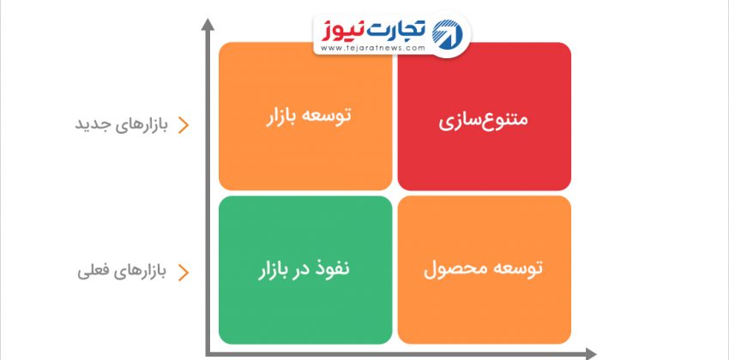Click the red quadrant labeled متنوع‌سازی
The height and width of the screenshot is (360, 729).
484,116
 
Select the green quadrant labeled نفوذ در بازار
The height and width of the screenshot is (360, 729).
305,270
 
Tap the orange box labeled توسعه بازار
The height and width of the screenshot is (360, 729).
305,116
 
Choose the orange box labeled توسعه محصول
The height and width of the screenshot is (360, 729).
484,270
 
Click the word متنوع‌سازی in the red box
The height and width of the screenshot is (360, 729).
484,120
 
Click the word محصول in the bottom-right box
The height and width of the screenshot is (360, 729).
449,269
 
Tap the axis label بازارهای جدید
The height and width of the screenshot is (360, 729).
121,125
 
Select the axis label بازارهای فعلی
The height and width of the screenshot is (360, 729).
122,271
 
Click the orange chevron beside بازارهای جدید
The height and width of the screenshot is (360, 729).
184,125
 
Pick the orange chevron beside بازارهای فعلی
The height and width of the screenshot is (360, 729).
184,273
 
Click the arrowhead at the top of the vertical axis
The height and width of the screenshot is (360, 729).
208,24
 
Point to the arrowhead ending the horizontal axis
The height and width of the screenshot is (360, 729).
590,354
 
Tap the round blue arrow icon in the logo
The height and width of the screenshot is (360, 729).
448,34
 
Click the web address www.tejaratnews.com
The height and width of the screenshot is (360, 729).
373,48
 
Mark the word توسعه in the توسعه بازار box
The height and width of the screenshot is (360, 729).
330,115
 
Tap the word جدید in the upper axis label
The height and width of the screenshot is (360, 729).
89,125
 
